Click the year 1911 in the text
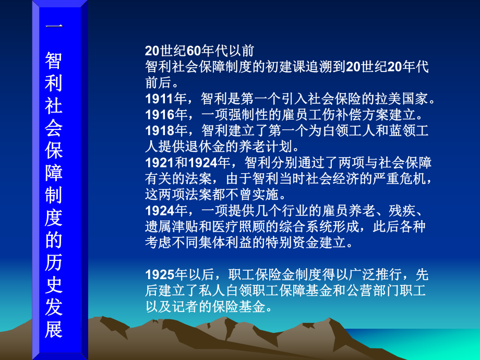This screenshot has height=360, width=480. [157, 99]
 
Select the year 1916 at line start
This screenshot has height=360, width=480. [157, 114]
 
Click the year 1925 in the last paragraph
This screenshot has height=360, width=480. [157, 275]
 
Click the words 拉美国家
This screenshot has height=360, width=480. [401, 99]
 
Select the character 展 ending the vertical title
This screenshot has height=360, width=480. [54, 329]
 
